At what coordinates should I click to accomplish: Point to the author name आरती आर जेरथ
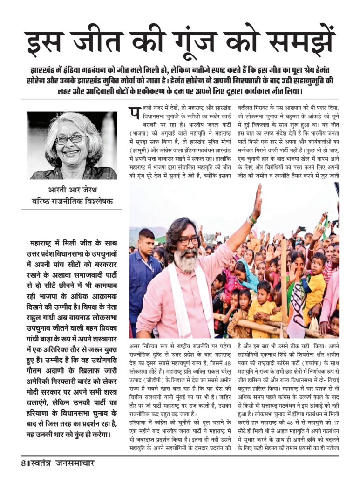point(74,190)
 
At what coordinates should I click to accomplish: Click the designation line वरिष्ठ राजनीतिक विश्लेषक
point(74,201)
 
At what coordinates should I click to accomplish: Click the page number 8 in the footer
point(22,463)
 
